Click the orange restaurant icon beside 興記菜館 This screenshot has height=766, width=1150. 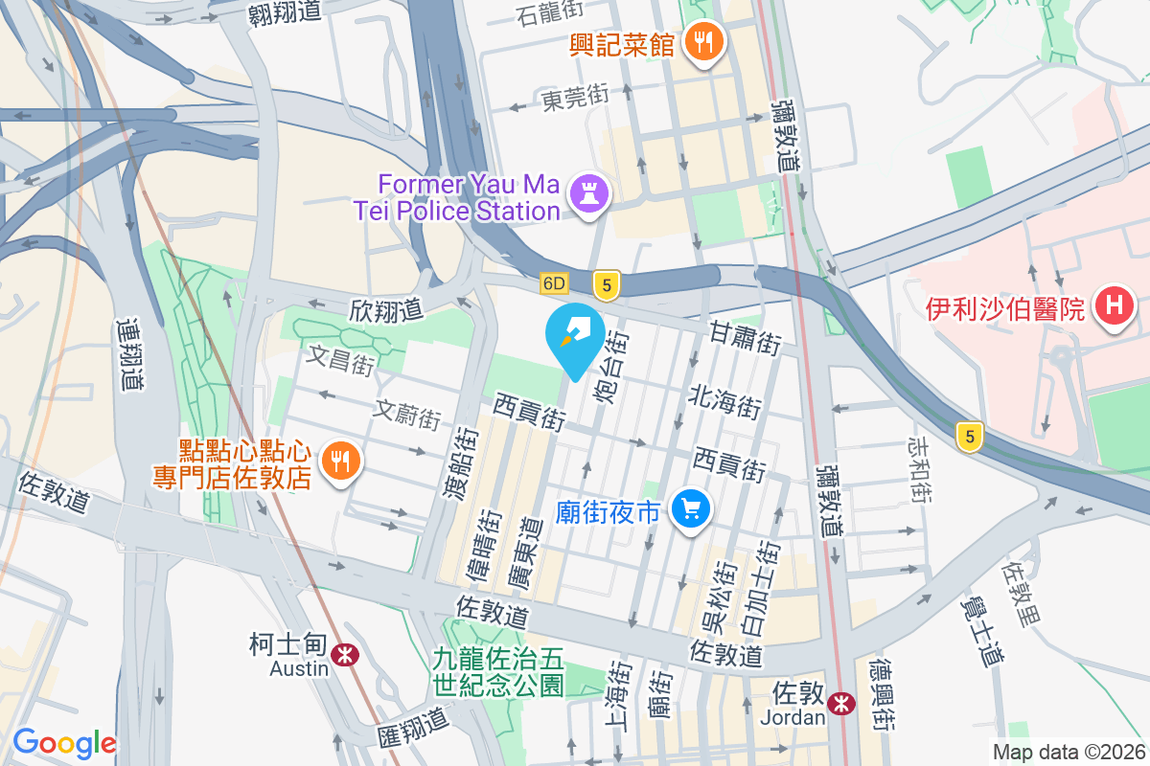pos(704,43)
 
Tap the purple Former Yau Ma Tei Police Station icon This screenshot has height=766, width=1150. pos(589,194)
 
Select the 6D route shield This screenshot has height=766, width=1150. pos(555,283)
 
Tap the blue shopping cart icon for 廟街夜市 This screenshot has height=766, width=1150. pos(691,509)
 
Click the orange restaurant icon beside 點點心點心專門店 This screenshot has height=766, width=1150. pos(338,462)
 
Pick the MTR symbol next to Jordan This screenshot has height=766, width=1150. pos(841,703)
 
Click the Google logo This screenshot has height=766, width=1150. pos(64,742)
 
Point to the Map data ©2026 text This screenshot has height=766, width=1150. pos(1068,753)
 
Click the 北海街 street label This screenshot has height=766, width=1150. pos(725,402)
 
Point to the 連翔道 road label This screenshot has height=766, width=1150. pos(129,354)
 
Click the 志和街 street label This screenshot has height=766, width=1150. pos(920,469)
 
